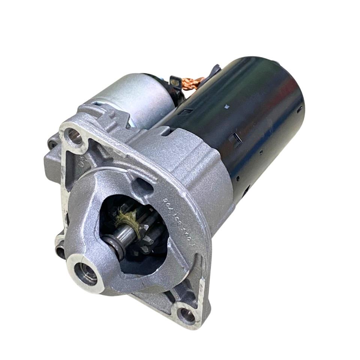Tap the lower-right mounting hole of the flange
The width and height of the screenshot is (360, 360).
[186, 315]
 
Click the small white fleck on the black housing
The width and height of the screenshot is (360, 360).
[226, 106]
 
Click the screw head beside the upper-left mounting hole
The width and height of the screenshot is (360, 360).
[53, 144]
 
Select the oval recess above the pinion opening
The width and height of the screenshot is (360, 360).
[145, 186]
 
